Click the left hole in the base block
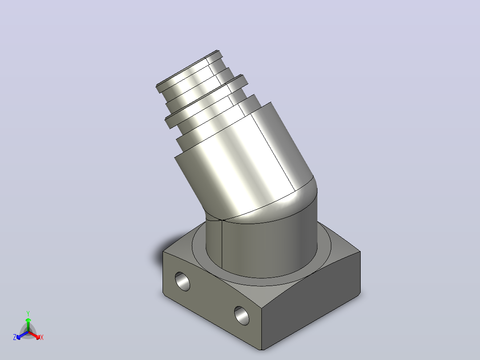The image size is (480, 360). pyautogui.click(x=183, y=281)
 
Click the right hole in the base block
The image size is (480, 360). pyautogui.click(x=242, y=315)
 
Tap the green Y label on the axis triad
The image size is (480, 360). pyautogui.click(x=28, y=313)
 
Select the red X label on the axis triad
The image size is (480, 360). pyautogui.click(x=42, y=337)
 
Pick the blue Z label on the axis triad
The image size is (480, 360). pyautogui.click(x=15, y=337)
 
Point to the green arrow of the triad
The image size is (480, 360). pyautogui.click(x=28, y=324)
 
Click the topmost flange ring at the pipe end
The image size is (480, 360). pyautogui.click(x=189, y=71)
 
